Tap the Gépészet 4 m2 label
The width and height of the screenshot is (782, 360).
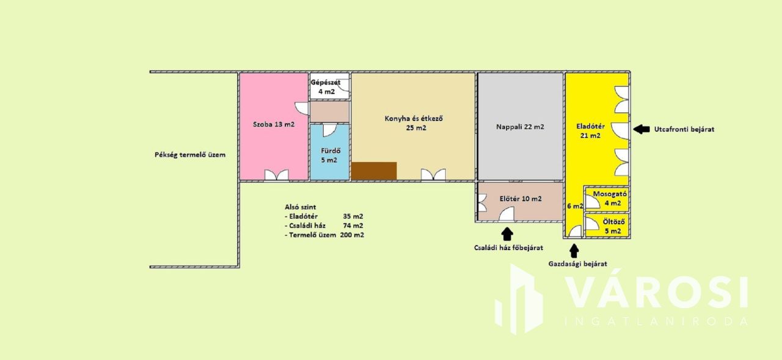[326, 87]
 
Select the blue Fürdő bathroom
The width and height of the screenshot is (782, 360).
[329, 152]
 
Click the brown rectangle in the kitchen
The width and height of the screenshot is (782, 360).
[374, 171]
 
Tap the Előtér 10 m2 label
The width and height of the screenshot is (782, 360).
[521, 199]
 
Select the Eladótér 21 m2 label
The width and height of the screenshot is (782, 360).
[590, 131]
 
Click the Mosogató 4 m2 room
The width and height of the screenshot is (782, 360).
[607, 199]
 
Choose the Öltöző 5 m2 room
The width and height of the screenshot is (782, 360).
[607, 225]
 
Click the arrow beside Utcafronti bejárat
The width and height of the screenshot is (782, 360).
[641, 129]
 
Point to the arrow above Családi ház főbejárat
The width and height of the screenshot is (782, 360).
[507, 234]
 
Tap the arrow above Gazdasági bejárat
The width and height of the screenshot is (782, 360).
[574, 251]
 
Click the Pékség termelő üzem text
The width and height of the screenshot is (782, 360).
[190, 155]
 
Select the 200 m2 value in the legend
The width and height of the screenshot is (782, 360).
[352, 235]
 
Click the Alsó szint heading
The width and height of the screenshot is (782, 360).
[300, 207]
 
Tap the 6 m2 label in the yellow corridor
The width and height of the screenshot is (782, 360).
[575, 206]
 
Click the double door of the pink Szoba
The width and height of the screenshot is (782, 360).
[277, 175]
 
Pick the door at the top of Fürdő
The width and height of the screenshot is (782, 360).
[329, 130]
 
